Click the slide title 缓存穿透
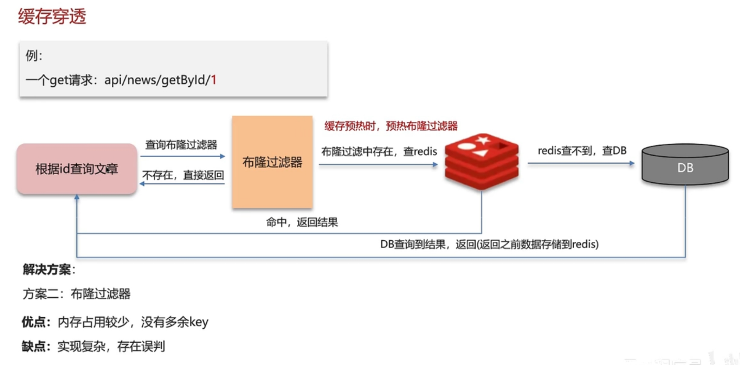click(x=52, y=17)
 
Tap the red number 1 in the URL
click(x=213, y=80)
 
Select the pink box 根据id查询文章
click(x=77, y=169)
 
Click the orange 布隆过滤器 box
click(x=272, y=162)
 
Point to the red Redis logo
click(x=481, y=161)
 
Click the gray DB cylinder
click(x=685, y=167)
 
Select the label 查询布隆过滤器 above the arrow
click(x=181, y=145)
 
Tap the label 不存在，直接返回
click(x=183, y=175)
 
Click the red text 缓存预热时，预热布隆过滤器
click(x=391, y=126)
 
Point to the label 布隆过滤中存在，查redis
click(x=378, y=151)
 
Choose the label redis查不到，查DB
click(x=581, y=151)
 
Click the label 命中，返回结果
click(x=301, y=222)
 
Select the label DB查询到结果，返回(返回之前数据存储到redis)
click(x=489, y=244)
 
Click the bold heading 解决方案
click(x=47, y=269)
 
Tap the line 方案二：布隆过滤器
click(x=77, y=294)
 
